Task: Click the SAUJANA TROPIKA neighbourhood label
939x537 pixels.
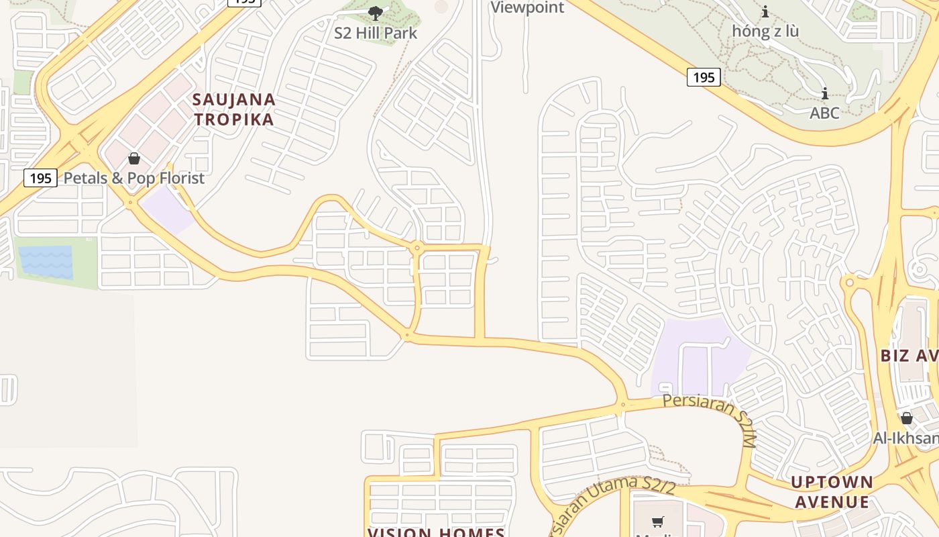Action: (x=233, y=109)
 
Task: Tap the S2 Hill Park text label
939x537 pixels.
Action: (x=376, y=32)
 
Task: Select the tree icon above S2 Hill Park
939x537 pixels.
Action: (x=376, y=13)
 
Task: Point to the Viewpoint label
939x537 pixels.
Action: (x=528, y=7)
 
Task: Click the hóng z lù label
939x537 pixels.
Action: (x=765, y=31)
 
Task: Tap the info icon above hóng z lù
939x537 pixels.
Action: (x=765, y=11)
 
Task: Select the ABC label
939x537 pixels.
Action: (x=824, y=112)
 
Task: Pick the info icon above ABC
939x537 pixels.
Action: (x=824, y=93)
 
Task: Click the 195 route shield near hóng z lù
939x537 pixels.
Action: (x=704, y=77)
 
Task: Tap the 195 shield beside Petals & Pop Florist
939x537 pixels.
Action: (x=40, y=178)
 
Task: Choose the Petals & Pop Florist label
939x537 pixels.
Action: (x=133, y=178)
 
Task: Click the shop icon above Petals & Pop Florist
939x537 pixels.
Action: (x=134, y=159)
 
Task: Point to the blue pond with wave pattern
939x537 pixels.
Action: (x=46, y=262)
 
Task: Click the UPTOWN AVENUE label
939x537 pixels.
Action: (x=832, y=491)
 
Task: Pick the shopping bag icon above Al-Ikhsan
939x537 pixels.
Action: (x=907, y=418)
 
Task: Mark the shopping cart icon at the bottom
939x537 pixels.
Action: (x=658, y=522)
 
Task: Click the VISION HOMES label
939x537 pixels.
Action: (x=436, y=532)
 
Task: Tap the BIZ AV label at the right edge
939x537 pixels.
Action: (x=909, y=355)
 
